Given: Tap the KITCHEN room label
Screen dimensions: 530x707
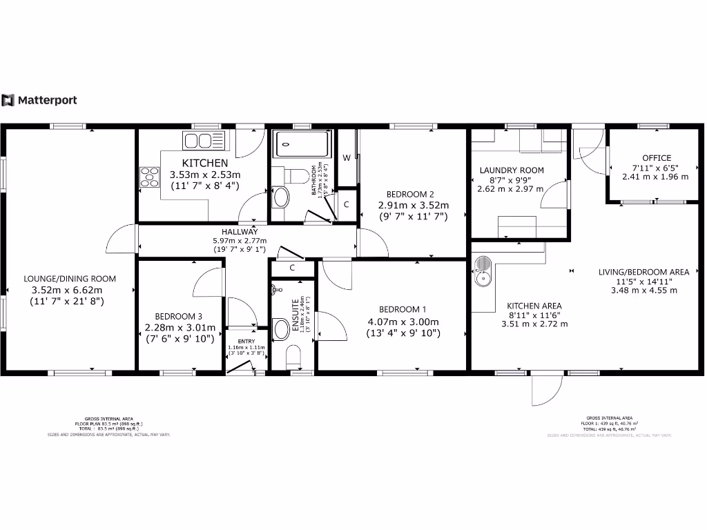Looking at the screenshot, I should click(x=205, y=163).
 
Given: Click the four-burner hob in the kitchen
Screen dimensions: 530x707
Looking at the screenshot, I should click(x=150, y=177).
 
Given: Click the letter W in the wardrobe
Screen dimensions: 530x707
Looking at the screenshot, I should click(x=347, y=158).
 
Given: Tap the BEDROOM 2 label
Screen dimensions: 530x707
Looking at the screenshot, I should click(x=410, y=194).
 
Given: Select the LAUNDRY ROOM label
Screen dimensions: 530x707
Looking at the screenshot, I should click(x=512, y=170).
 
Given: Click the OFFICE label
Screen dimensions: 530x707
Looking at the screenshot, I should click(x=656, y=158).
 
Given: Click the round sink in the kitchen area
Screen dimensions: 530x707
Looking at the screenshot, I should click(x=483, y=278).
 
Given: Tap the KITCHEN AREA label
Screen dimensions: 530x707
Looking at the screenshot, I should click(x=534, y=306).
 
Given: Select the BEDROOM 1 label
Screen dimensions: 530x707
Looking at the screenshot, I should click(x=403, y=309).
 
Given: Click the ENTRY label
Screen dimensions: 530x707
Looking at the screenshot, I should click(x=246, y=342).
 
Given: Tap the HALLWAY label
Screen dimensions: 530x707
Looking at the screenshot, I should click(x=240, y=231).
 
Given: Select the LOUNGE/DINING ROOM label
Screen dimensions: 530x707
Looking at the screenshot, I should click(x=70, y=279).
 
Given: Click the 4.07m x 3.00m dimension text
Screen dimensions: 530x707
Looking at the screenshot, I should click(x=403, y=322).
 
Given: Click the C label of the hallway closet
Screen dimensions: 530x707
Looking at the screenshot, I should click(x=293, y=267).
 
